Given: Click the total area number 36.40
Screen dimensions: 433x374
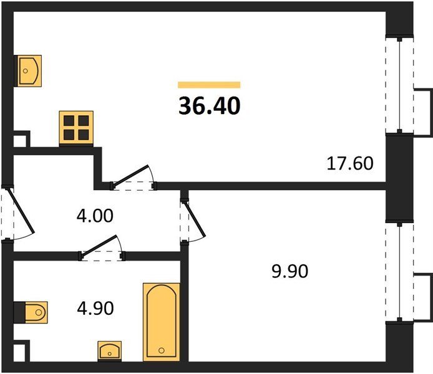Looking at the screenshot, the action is click(x=209, y=106).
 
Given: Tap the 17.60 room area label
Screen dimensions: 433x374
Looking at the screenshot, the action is click(x=350, y=163).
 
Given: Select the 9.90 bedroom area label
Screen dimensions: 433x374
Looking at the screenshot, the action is click(x=289, y=271).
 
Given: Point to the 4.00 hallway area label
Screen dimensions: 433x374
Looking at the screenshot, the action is click(x=95, y=216).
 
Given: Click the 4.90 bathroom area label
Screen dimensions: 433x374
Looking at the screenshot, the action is click(x=95, y=309).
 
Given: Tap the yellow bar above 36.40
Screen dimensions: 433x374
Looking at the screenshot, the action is click(x=209, y=85).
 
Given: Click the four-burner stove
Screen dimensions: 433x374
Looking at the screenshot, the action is click(x=76, y=128).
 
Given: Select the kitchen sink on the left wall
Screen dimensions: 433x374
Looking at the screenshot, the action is click(x=28, y=71).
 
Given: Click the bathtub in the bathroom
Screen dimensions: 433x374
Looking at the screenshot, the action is click(x=162, y=322).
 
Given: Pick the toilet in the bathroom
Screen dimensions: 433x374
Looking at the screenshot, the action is click(x=31, y=312).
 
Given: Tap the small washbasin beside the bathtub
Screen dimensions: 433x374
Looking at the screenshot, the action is click(x=110, y=351).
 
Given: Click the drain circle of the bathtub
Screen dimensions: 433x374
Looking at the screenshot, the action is click(x=162, y=350).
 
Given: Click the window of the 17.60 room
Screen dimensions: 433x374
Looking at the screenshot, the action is click(x=399, y=85).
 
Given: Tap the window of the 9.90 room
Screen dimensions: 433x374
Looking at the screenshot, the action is click(x=399, y=272).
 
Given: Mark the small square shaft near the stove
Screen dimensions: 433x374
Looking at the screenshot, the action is click(x=22, y=139).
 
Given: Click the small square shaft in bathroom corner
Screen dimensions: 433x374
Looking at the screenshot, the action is click(x=22, y=351).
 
